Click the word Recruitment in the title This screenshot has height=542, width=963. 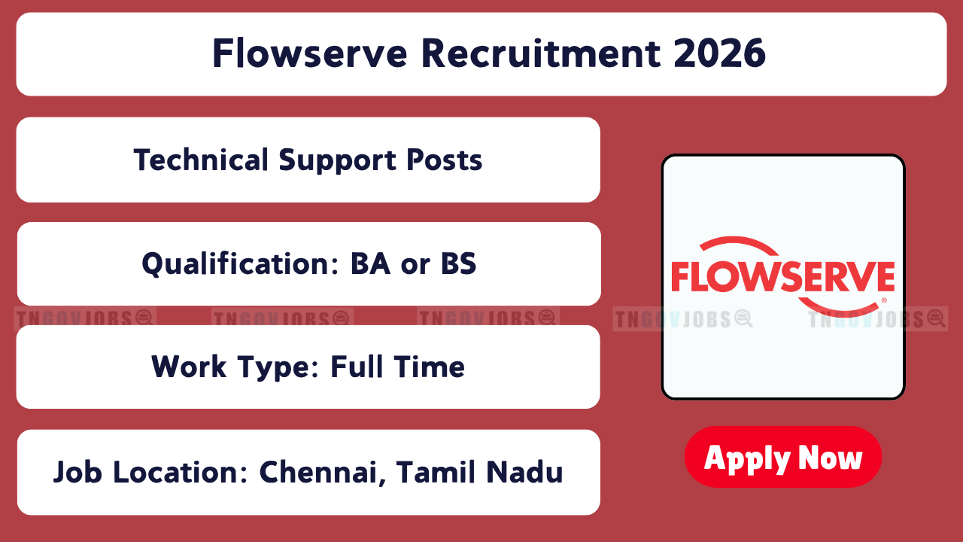pyautogui.click(x=541, y=53)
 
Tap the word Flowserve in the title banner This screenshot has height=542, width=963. pyautogui.click(x=310, y=53)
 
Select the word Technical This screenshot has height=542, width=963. pyautogui.click(x=201, y=160)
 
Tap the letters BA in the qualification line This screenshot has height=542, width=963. pyautogui.click(x=370, y=263)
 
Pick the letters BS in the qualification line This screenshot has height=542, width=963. pyautogui.click(x=459, y=263)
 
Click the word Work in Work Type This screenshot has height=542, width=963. pyautogui.click(x=189, y=367)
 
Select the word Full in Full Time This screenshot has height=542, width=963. pyautogui.click(x=357, y=367)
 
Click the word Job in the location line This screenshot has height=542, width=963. pyautogui.click(x=77, y=472)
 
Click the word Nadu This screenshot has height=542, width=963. pyautogui.click(x=524, y=472)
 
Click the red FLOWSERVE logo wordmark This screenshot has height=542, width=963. pyautogui.click(x=783, y=276)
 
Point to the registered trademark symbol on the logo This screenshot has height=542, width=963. pyautogui.click(x=884, y=300)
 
